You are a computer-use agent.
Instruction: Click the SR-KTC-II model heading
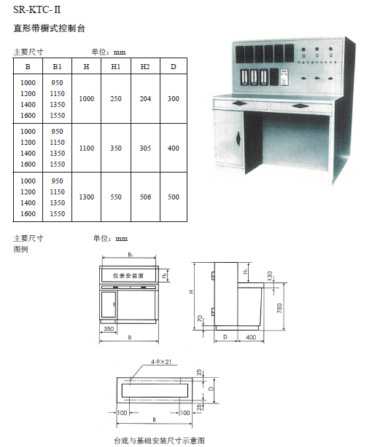click(x=36, y=9)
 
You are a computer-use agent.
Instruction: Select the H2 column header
click(x=145, y=67)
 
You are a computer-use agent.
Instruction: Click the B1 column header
click(x=57, y=67)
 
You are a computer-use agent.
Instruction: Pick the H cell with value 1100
click(x=87, y=149)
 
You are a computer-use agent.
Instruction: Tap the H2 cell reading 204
click(x=145, y=99)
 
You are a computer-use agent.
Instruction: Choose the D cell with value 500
click(x=174, y=197)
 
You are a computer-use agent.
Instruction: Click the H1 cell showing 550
click(x=116, y=197)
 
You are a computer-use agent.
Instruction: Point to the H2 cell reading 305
click(x=145, y=149)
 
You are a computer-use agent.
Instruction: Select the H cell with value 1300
click(x=87, y=197)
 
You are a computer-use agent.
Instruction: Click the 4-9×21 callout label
click(x=161, y=362)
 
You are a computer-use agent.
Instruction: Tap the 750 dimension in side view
click(x=279, y=309)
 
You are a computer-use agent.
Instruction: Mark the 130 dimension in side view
click(x=270, y=276)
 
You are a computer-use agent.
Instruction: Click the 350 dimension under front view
click(x=109, y=328)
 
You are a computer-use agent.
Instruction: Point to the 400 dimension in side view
click(x=251, y=337)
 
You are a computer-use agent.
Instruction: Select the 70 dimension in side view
click(x=200, y=319)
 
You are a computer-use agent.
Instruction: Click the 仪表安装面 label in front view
click(x=128, y=276)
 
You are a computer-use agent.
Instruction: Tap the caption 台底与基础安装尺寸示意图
click(x=159, y=440)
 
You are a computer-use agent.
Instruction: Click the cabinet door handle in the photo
click(x=238, y=138)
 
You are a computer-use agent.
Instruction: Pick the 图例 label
click(x=20, y=249)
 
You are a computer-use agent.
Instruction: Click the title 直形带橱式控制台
click(x=49, y=28)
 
